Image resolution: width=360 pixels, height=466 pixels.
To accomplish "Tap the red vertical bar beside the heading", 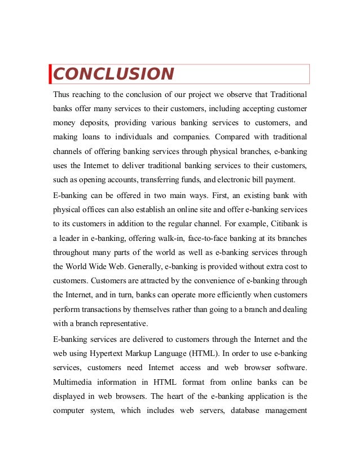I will (x=50, y=74).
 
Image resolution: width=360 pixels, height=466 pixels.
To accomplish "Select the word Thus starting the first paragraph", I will (x=63, y=93).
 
